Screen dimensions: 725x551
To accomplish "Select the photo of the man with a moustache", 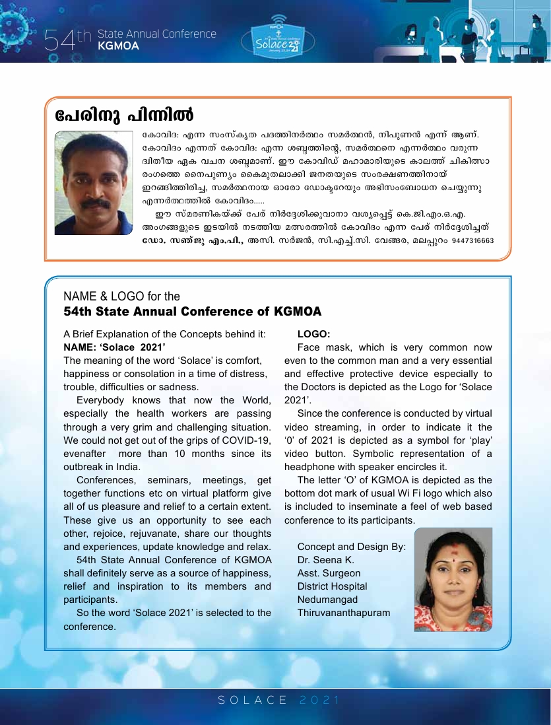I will click(94, 183).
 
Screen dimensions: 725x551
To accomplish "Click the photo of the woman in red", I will click(453, 579).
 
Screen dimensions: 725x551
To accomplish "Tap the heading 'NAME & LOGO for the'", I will click(121, 296).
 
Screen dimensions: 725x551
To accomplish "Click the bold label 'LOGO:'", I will click(313, 334).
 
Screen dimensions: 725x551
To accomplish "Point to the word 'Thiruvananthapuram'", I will click(343, 613).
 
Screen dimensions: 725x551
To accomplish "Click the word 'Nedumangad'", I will click(327, 600).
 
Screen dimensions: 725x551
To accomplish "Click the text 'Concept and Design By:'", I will click(351, 547).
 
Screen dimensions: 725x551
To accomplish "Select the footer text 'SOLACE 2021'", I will click(278, 700).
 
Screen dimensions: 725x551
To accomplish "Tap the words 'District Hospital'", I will click(332, 586).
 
